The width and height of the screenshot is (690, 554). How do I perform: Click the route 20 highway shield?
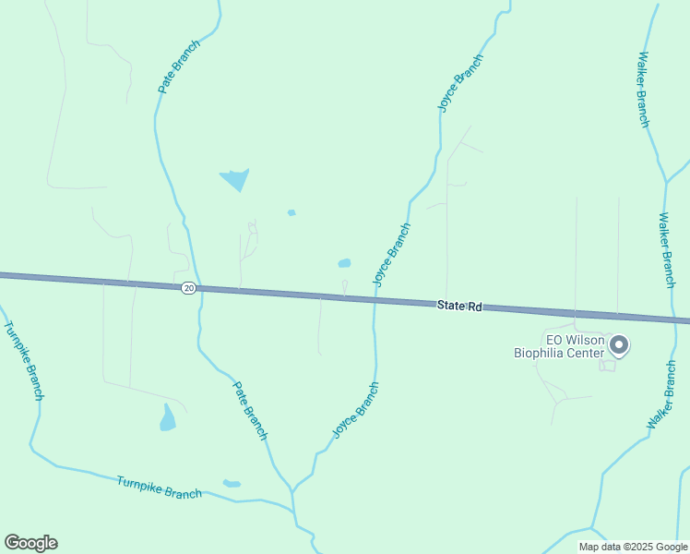tap(188, 288)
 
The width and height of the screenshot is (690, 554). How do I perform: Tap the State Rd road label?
tap(459, 306)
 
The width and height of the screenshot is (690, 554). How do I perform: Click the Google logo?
tap(31, 543)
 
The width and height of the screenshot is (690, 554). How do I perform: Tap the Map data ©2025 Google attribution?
tap(634, 547)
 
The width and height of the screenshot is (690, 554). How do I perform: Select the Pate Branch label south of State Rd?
tap(250, 410)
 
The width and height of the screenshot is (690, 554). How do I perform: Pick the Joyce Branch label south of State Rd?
tap(356, 410)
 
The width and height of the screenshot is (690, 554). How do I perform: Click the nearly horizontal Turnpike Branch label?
tap(159, 487)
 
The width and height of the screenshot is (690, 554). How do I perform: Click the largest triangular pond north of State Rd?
tap(235, 178)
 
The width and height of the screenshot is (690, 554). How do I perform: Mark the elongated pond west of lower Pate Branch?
tap(168, 419)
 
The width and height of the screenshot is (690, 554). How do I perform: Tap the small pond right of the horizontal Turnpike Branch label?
tap(232, 483)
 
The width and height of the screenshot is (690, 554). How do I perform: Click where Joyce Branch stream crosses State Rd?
tap(375, 300)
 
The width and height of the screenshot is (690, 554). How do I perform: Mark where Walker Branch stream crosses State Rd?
tap(666, 318)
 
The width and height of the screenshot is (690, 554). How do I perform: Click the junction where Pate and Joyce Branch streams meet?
tap(292, 490)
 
